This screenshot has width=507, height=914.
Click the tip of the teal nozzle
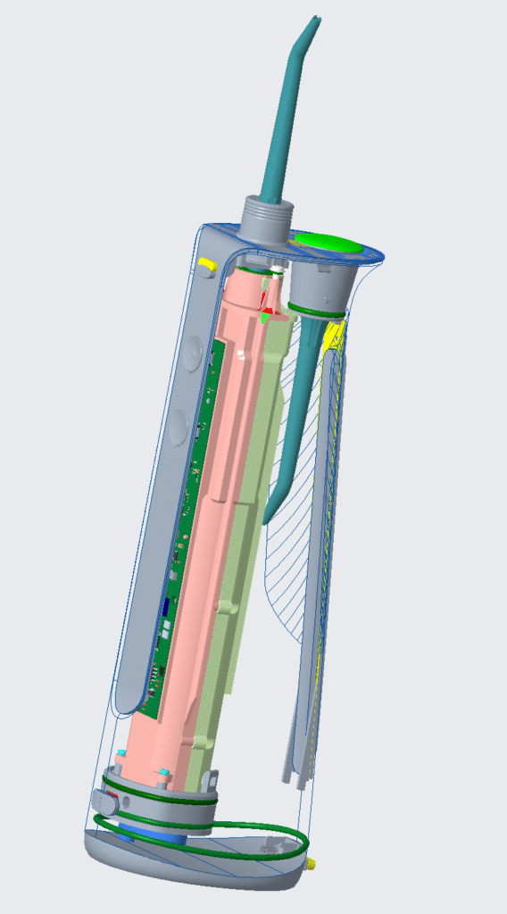click(314, 20)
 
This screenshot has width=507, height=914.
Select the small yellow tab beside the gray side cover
click(206, 264)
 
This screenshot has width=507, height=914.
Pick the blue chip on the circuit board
click(165, 612)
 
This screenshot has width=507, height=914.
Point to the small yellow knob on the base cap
click(312, 864)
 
